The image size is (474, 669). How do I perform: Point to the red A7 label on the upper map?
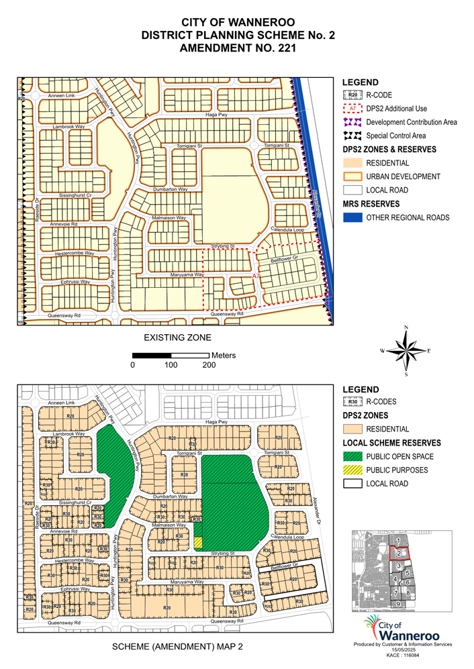pos(256,276)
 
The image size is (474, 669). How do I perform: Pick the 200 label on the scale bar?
pos(209,365)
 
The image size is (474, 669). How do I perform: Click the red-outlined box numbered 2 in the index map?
pos(399,553)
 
